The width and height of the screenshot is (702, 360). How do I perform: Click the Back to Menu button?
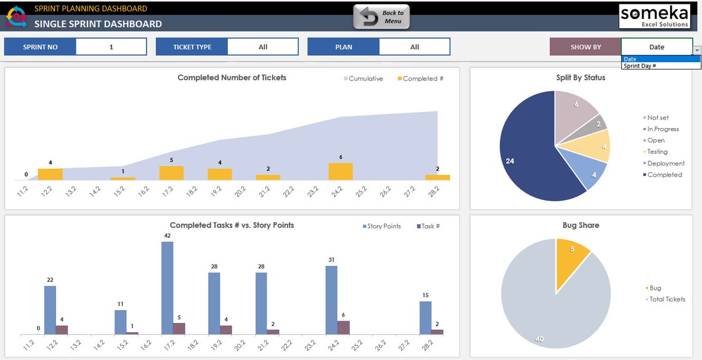[x=381, y=17]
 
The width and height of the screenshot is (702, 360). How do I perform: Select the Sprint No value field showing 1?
[x=111, y=47]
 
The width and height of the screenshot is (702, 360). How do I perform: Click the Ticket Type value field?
[x=263, y=47]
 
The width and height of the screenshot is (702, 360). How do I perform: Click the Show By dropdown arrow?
[x=697, y=50]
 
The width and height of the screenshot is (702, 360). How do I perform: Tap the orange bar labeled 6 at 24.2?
[x=341, y=172]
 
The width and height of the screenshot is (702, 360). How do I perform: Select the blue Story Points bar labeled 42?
[x=167, y=287]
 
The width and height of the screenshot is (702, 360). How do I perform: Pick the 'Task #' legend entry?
[x=429, y=226]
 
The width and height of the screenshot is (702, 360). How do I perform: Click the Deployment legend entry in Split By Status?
[x=665, y=164]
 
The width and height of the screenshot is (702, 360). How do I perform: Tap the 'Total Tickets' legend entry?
[x=666, y=300]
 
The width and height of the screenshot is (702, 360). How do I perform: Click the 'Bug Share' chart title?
[x=580, y=226]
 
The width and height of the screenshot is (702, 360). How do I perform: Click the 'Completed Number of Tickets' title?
[x=232, y=78]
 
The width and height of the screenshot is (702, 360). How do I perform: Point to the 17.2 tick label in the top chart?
[x=168, y=191]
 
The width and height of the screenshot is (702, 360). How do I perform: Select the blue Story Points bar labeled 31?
[x=331, y=300]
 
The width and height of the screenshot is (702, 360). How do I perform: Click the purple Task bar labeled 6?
[x=344, y=327]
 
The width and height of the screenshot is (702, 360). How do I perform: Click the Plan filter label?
[x=343, y=47]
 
